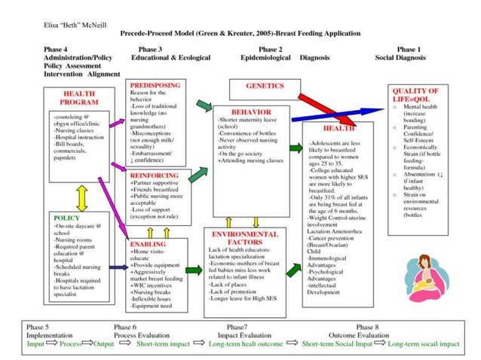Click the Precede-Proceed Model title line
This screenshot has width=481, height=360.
[240, 34]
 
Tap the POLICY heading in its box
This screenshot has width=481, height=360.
[66, 218]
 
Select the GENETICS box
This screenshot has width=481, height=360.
[265, 86]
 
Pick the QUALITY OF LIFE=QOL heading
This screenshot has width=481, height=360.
[421, 95]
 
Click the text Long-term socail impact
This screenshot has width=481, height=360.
[423, 343]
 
